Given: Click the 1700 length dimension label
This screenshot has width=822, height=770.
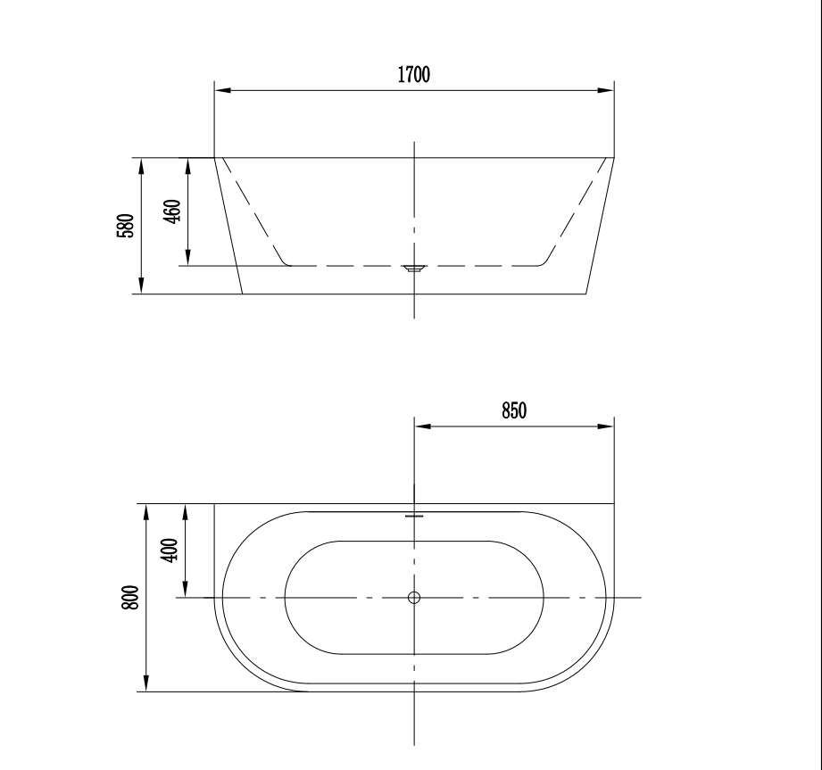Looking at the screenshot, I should pyautogui.click(x=414, y=75).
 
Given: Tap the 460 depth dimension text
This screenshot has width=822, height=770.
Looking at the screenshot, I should pyautogui.click(x=173, y=211).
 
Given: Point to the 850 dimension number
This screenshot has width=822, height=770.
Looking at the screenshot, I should pyautogui.click(x=514, y=410).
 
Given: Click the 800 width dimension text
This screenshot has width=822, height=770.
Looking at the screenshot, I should pyautogui.click(x=131, y=597).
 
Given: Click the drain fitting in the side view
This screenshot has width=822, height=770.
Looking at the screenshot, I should pyautogui.click(x=414, y=268).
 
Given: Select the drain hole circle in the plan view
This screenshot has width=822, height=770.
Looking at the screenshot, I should pyautogui.click(x=414, y=598).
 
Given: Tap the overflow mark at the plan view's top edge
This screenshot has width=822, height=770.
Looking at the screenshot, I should pyautogui.click(x=414, y=515).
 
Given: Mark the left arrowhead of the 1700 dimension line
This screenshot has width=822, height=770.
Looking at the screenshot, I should pyautogui.click(x=222, y=90).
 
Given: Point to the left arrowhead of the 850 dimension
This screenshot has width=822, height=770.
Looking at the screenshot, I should pyautogui.click(x=422, y=426).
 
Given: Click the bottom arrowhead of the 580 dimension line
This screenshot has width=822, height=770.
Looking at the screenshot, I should pyautogui.click(x=141, y=287).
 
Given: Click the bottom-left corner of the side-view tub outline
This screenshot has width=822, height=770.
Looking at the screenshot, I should pyautogui.click(x=243, y=294).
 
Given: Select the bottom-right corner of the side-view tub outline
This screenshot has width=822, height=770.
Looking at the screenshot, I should pyautogui.click(x=585, y=294).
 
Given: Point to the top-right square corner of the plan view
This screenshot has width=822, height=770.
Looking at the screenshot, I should pyautogui.click(x=614, y=503).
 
